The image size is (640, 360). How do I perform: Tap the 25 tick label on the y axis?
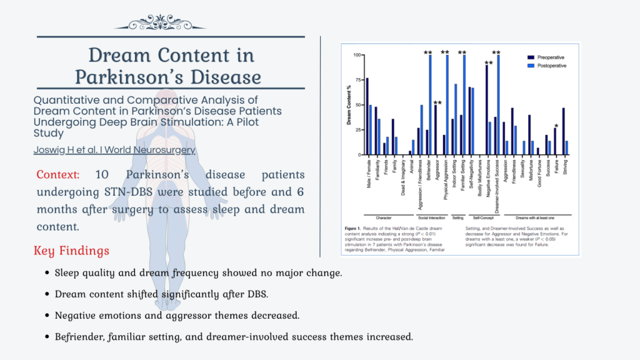point(357,130)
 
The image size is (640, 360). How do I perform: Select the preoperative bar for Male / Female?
point(367,116)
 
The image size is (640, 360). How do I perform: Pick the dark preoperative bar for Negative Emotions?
point(487,110)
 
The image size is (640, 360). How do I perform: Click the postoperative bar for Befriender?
point(430,105)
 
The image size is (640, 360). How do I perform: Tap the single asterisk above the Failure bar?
point(556,126)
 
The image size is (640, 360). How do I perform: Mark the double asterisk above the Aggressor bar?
point(437,102)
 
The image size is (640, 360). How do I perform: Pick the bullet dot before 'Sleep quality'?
point(48,274)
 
